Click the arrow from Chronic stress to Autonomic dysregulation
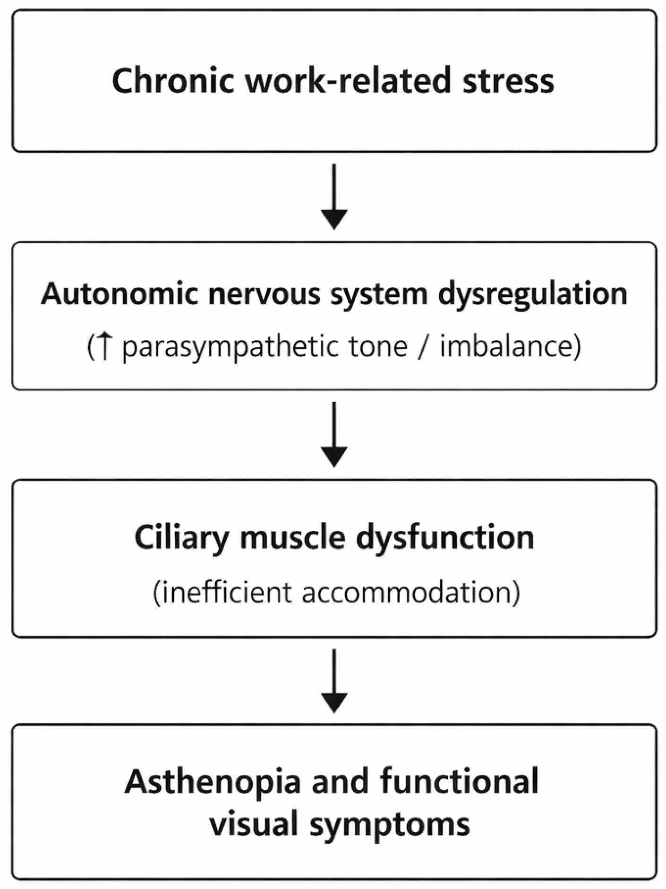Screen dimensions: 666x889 point(334,197)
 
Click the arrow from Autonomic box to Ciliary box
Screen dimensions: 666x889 point(334,434)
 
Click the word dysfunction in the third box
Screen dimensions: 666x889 point(445,539)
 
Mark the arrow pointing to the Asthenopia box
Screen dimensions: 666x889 point(334,681)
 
